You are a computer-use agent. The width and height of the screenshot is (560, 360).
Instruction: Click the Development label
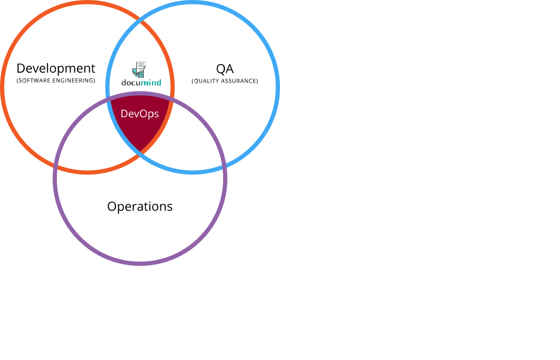point(56,68)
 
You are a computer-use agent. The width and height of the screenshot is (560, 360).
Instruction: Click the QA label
point(225,68)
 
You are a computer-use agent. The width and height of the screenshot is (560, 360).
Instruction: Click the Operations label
point(140,206)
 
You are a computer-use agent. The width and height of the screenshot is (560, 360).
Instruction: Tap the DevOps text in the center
point(139,114)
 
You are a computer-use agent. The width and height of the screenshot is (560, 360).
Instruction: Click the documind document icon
point(139,69)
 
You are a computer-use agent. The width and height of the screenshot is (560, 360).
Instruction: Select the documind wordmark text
point(141,83)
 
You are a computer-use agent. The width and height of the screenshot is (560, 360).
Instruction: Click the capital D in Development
point(21,68)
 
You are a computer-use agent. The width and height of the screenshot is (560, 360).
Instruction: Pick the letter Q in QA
point(220,69)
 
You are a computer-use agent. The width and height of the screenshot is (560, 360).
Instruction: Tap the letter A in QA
point(230,68)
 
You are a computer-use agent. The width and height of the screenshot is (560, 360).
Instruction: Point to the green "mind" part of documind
point(151,83)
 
